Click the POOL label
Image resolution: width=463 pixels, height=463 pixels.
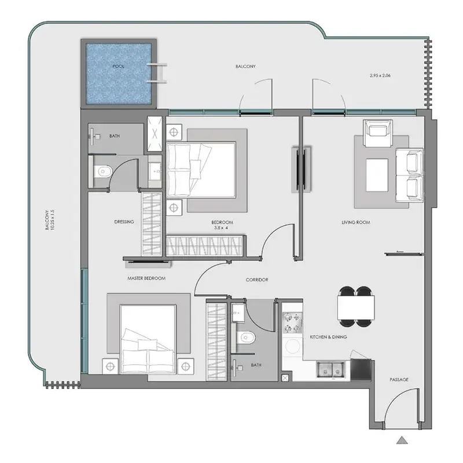point(119,67)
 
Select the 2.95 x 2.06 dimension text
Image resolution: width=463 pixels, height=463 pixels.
point(380,75)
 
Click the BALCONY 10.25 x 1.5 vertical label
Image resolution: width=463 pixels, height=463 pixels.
point(50,220)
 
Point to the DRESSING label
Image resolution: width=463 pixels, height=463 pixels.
point(124,222)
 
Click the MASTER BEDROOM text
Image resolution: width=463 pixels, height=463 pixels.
point(146,278)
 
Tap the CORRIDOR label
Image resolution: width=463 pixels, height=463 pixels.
point(257,280)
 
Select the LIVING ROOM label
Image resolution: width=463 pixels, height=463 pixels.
point(356,222)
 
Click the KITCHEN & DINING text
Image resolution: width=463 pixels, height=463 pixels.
point(328,337)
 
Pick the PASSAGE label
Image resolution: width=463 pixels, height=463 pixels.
point(399,380)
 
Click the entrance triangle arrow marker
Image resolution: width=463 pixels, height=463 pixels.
point(402,440)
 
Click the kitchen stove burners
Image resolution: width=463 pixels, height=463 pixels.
point(292,323)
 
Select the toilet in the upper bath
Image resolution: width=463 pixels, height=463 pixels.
point(102,171)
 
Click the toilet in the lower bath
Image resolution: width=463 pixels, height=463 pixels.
point(245,337)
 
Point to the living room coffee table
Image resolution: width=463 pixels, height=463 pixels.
point(377,175)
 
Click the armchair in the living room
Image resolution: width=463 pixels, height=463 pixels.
point(378,133)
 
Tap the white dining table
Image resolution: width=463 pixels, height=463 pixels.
point(356,307)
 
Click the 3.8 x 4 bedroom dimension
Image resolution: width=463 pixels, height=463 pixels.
point(221,228)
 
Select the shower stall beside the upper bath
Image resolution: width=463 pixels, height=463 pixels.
point(155,134)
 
